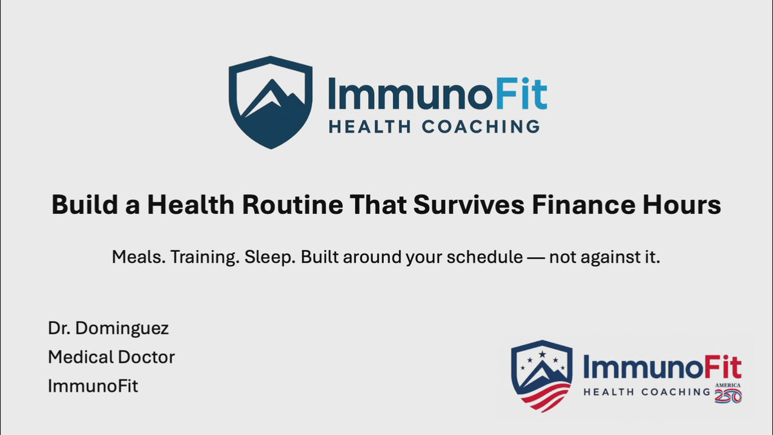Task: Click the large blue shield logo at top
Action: [271, 102]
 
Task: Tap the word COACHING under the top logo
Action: [481, 127]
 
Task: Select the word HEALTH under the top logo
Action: [370, 127]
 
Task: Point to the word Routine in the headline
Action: [292, 205]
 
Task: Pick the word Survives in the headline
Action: [469, 205]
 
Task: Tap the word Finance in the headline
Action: [584, 205]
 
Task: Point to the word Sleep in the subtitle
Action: [270, 258]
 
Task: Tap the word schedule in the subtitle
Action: [485, 257]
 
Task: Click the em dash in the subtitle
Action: [536, 258]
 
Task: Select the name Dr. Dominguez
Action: [108, 328]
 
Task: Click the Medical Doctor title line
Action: [111, 357]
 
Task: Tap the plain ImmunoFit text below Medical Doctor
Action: [93, 386]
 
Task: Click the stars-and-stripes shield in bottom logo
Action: [542, 376]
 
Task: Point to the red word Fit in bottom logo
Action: [723, 367]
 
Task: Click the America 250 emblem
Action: [728, 393]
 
